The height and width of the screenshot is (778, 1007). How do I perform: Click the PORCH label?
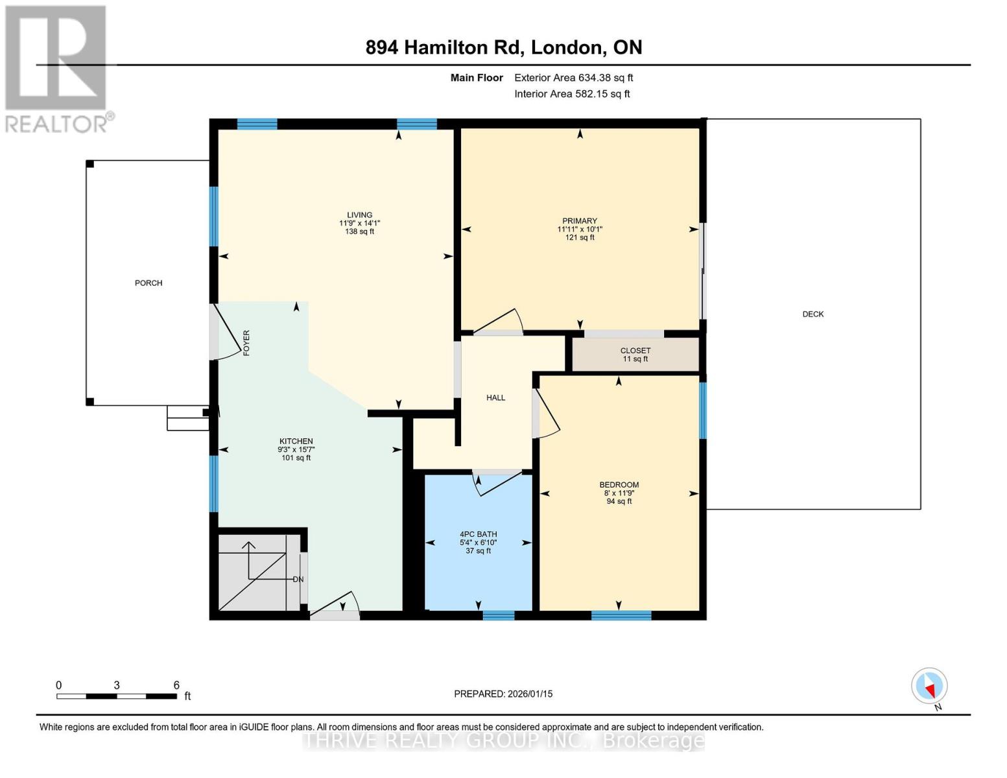pos(148,283)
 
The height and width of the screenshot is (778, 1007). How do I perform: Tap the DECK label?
pos(812,314)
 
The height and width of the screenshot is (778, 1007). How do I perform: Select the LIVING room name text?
pos(359,215)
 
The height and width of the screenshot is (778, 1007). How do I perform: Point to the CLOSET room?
pos(635,354)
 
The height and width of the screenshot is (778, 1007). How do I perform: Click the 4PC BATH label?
pos(478,535)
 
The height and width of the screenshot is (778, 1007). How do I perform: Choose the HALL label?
pos(495,398)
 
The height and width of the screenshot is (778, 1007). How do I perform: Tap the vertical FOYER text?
pos(246,343)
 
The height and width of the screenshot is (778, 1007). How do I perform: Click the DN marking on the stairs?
pos(298,580)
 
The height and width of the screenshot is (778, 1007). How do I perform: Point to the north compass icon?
pos(929,686)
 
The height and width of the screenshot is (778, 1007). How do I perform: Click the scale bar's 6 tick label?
pos(176,685)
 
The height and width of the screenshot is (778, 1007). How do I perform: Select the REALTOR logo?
pos(57,68)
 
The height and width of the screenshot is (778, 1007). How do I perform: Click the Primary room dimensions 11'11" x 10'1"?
pos(580,230)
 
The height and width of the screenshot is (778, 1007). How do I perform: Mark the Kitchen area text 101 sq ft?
pos(296,458)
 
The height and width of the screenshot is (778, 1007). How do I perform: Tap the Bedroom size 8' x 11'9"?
pos(619,493)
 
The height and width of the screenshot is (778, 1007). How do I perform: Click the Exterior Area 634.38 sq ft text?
pos(573,78)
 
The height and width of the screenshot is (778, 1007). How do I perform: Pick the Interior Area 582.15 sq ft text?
pos(572,94)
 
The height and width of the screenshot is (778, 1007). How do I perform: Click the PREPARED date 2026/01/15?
pos(503,694)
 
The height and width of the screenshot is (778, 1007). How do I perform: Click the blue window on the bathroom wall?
pos(498,615)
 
